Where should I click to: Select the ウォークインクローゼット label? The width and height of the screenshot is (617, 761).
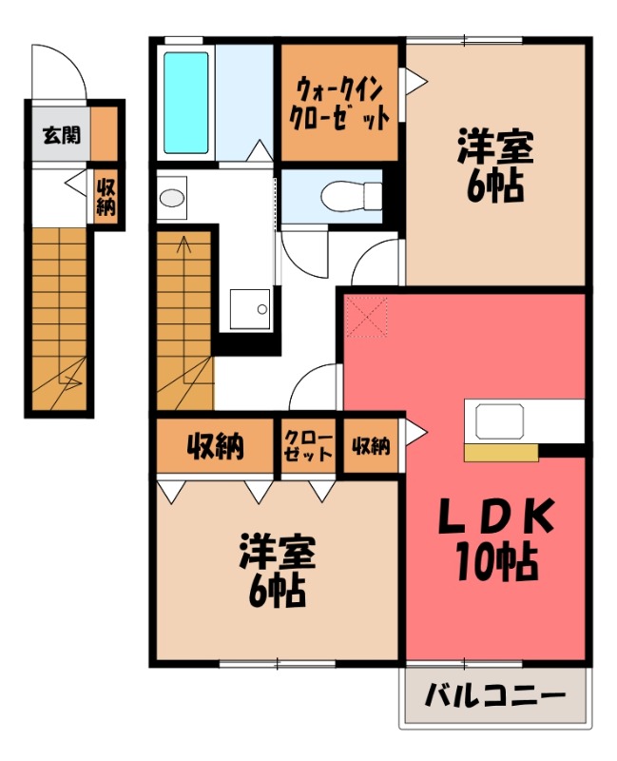(x=340, y=106)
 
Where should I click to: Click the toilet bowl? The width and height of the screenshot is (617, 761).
(x=341, y=197)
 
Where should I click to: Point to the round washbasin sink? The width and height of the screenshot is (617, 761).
(x=172, y=198)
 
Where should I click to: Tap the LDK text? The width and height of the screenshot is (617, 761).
(x=494, y=519)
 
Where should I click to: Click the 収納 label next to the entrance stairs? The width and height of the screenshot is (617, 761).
(x=106, y=197)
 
